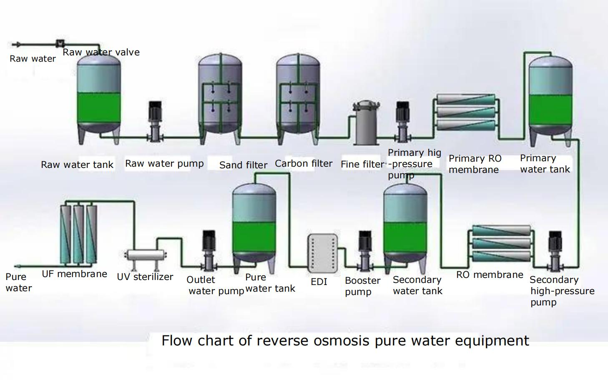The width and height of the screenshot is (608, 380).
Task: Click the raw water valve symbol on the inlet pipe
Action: (x=60, y=43)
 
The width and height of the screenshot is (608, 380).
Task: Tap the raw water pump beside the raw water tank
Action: (x=155, y=122)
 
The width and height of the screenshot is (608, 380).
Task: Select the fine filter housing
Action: (x=366, y=123)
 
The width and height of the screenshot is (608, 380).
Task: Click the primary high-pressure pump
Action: (x=402, y=122)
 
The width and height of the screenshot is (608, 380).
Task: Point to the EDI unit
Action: (x=323, y=253)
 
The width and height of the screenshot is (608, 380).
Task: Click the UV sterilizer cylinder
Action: (x=146, y=255)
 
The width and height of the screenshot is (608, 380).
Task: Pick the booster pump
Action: (x=365, y=251)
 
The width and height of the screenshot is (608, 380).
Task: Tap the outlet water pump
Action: (x=209, y=250)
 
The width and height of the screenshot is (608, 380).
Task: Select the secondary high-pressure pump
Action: (x=555, y=251)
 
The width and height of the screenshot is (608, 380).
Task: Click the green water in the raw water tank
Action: (x=99, y=107)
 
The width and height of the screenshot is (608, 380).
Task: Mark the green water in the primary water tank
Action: (x=551, y=110)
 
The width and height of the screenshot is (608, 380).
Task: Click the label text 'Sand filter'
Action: (x=243, y=165)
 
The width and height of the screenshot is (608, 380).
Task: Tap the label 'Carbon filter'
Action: (x=304, y=164)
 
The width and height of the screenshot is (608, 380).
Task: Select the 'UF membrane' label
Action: (x=74, y=274)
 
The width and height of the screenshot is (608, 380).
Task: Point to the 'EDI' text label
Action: (x=319, y=282)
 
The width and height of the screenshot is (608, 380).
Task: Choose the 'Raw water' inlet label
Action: (x=33, y=59)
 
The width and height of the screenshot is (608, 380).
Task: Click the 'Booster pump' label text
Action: (x=362, y=286)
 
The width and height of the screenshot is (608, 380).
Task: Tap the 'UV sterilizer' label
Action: (x=145, y=277)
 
